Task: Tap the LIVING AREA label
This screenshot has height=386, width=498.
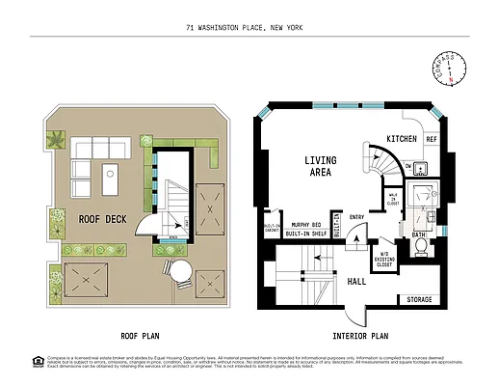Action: click(x=319, y=166)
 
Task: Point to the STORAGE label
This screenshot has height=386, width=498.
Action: click(x=420, y=300)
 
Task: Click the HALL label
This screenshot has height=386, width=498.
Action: click(x=355, y=282)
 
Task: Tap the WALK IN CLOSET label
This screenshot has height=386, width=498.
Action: click(x=393, y=198)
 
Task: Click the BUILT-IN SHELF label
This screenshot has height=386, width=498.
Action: click(x=303, y=234)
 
